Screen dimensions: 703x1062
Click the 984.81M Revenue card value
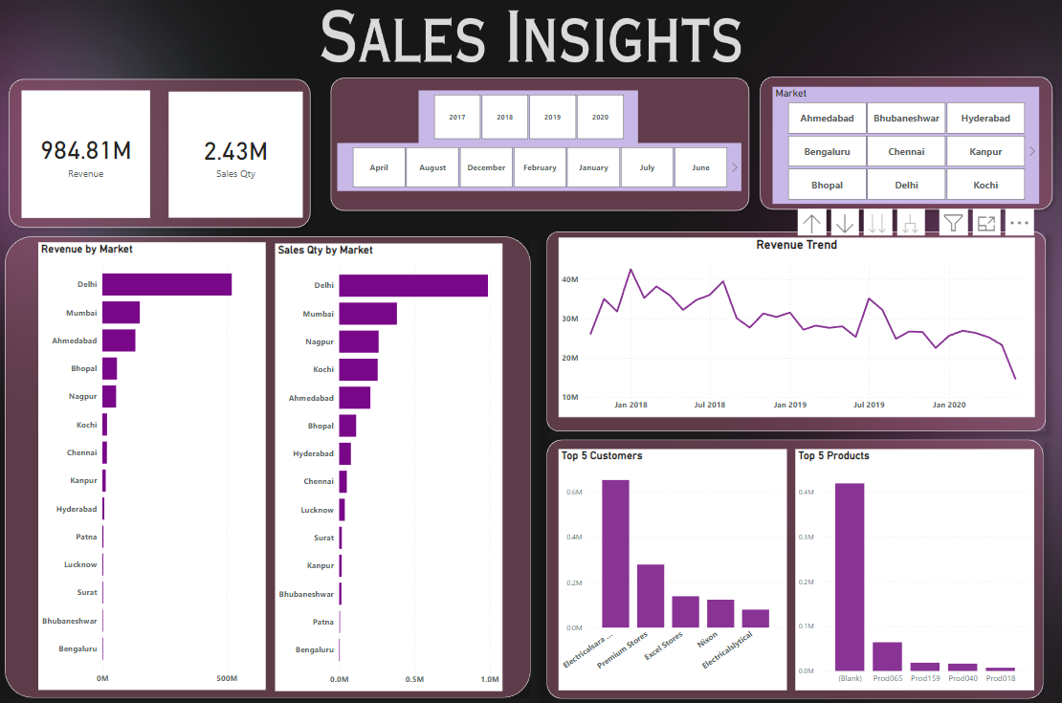tap(85, 151)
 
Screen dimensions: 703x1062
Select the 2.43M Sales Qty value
tap(235, 151)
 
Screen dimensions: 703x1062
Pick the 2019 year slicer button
tap(552, 117)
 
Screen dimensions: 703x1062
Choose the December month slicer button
tap(486, 167)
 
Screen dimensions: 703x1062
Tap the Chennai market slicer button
tap(906, 151)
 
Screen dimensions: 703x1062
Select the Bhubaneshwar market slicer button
tap(906, 119)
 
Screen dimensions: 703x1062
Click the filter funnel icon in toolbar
tap(953, 223)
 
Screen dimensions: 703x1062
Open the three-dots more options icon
tap(1019, 223)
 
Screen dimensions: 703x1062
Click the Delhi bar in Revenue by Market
tap(166, 284)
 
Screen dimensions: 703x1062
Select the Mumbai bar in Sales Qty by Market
tap(367, 314)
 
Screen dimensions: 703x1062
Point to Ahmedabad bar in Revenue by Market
tap(119, 341)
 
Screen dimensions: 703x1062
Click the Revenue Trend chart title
tap(796, 245)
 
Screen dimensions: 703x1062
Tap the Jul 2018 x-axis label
tap(709, 405)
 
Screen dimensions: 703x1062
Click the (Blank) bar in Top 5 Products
tap(850, 577)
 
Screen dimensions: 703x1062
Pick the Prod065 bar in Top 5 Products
tap(887, 656)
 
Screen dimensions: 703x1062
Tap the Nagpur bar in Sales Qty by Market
tap(359, 341)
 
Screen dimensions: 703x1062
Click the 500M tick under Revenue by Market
tap(226, 678)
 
